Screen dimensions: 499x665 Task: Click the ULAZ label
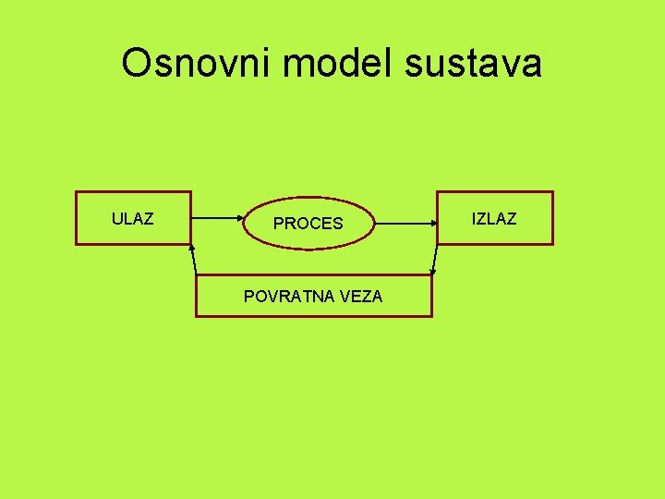(132, 219)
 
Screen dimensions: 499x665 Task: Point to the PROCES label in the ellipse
(308, 224)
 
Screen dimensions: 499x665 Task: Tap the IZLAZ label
(494, 219)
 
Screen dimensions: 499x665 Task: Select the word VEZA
(361, 296)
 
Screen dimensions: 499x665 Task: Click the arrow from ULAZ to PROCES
(217, 219)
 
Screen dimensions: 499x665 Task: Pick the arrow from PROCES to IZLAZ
(406, 223)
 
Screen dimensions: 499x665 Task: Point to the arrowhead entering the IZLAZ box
(434, 223)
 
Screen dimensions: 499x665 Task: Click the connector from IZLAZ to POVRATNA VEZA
(434, 260)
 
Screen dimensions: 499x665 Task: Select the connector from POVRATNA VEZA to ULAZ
(193, 260)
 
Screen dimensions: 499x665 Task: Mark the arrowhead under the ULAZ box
(191, 247)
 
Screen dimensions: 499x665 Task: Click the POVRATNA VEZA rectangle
(314, 310)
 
